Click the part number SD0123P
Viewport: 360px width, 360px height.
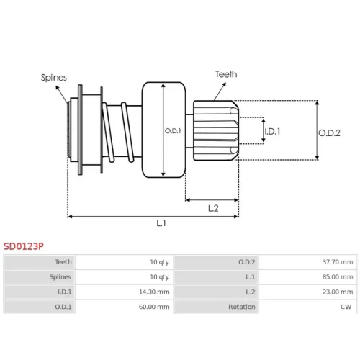(x=24, y=246)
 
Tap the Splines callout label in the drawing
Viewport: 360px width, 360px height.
(x=54, y=78)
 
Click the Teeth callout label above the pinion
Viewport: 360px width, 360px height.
(x=226, y=74)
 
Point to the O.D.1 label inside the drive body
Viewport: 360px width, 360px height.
(x=173, y=131)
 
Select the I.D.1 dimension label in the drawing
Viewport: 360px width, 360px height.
(x=272, y=131)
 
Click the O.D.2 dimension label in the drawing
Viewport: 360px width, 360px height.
(x=329, y=133)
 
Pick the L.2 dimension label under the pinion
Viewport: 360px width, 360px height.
(x=213, y=208)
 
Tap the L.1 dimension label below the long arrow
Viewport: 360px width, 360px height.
(x=161, y=223)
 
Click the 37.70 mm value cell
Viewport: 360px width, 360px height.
(x=338, y=262)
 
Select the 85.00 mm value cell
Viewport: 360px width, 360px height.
(x=338, y=277)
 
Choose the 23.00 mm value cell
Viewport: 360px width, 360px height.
(x=338, y=292)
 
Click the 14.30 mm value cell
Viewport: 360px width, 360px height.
(x=154, y=292)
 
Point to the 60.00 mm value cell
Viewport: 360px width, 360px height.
(x=154, y=307)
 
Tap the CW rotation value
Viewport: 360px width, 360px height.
(x=346, y=307)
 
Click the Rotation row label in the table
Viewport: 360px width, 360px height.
(x=242, y=307)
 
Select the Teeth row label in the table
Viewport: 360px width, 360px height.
(x=63, y=262)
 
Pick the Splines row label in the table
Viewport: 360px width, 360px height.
(x=60, y=277)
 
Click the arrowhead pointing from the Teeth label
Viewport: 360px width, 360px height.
(x=224, y=84)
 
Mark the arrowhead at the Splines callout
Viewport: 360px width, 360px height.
(x=58, y=88)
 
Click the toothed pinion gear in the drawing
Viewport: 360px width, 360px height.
(x=216, y=130)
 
